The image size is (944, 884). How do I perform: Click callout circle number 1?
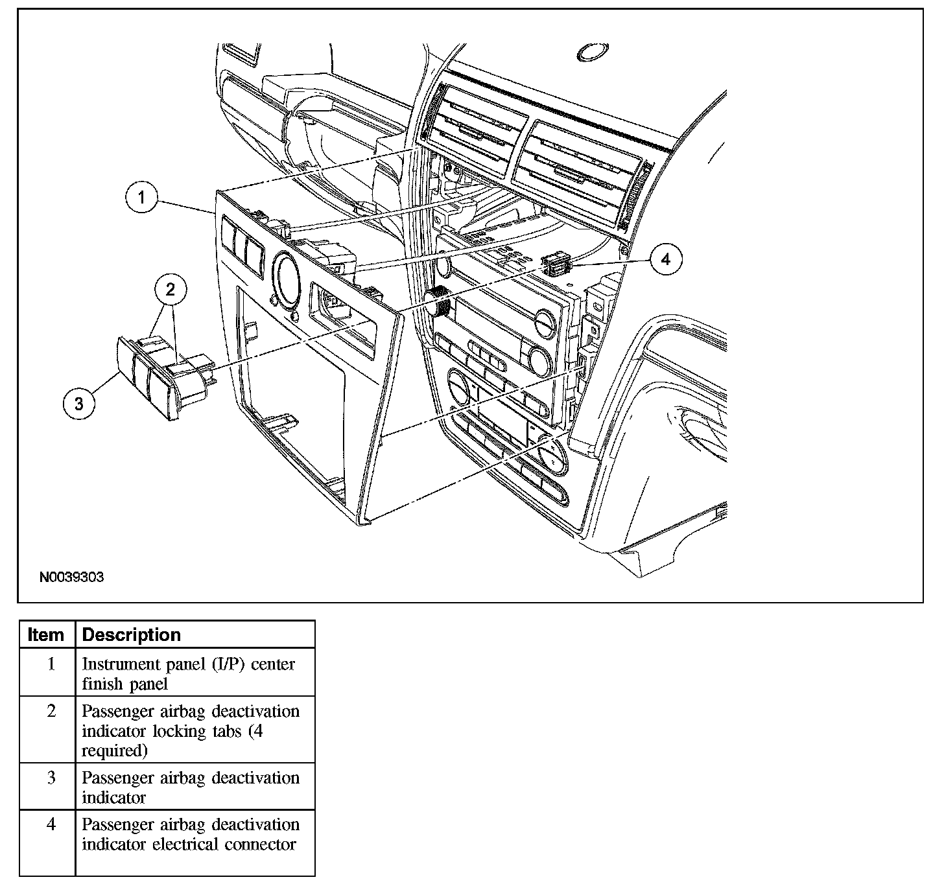tap(141, 197)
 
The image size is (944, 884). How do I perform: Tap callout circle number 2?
tap(171, 290)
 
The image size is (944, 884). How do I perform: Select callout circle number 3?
tap(79, 403)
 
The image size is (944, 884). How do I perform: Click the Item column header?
tap(47, 635)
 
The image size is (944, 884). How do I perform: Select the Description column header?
tap(132, 635)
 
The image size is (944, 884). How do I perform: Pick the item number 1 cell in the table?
tap(51, 664)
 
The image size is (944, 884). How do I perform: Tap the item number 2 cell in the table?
tap(51, 711)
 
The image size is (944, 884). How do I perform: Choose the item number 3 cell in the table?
tap(51, 778)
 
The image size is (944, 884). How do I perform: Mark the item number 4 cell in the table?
tap(51, 824)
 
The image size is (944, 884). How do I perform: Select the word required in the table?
tap(114, 751)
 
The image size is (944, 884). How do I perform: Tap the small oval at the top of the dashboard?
tap(592, 52)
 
